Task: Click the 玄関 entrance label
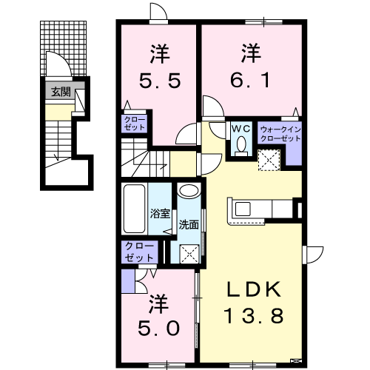pos(61,92)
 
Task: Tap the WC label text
pos(241,129)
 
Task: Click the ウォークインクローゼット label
pos(280,134)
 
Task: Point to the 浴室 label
pos(160,214)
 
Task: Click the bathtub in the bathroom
pos(134,209)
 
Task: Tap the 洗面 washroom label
pos(189,225)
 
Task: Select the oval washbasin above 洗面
pos(189,190)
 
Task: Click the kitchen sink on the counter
pos(243,209)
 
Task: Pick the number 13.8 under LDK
pos(254,317)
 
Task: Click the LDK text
pos(254,289)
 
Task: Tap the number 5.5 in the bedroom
pos(160,81)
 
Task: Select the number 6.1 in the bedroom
pos(250,79)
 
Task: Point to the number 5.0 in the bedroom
pos(158,328)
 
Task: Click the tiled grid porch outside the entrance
pos(64,48)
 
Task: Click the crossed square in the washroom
pos(189,254)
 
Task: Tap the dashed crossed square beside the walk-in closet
pos(269,160)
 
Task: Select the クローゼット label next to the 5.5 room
pos(135,124)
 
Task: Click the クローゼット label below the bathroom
pos(139,252)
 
